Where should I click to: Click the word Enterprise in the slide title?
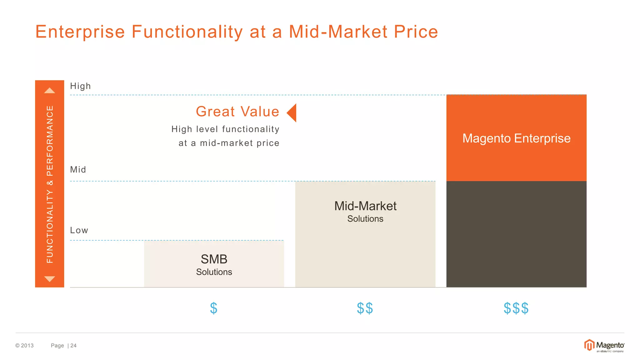(80, 32)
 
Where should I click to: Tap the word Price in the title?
(416, 32)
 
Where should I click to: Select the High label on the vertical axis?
(80, 86)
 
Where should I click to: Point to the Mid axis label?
(78, 170)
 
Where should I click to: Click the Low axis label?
(79, 230)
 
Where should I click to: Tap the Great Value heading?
(237, 112)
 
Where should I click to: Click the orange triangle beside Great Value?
(292, 113)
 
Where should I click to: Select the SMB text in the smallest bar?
(214, 259)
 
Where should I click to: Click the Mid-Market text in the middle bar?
(365, 206)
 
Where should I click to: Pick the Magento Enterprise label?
(516, 138)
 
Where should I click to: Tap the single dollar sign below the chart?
(214, 308)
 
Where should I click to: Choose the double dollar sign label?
(365, 308)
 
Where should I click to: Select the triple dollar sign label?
(516, 308)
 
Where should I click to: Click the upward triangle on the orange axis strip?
(50, 91)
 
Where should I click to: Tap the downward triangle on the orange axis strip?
(50, 279)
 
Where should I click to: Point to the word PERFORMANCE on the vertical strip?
(50, 141)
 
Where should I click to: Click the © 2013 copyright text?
(25, 346)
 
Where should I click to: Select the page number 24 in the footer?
(73, 346)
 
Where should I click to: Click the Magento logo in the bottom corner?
(604, 346)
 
